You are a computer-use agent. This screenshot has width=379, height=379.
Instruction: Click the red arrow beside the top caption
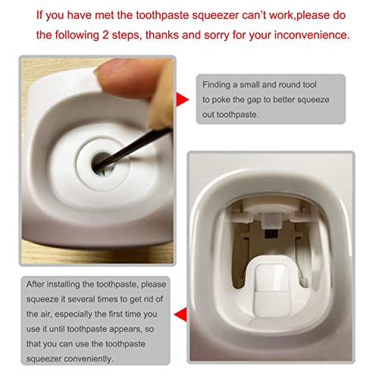(x=182, y=99)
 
